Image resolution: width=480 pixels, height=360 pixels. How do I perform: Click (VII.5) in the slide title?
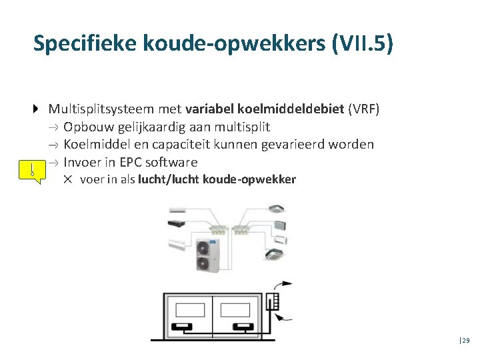pyautogui.click(x=361, y=43)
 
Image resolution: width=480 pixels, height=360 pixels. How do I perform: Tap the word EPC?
pyautogui.click(x=127, y=162)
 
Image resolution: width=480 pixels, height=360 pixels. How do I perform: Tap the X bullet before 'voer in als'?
pyautogui.click(x=67, y=179)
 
